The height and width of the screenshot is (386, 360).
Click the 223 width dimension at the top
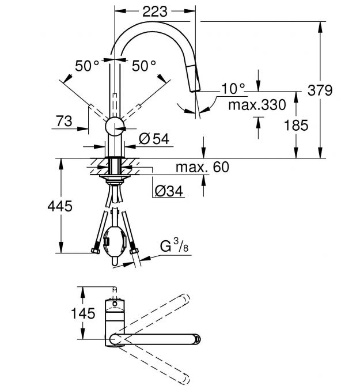pyautogui.click(x=155, y=12)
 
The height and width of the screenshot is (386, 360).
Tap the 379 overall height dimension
pyautogui.click(x=320, y=90)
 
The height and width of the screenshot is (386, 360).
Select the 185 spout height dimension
pyautogui.click(x=296, y=125)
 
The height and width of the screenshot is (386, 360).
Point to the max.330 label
pyautogui.click(x=257, y=105)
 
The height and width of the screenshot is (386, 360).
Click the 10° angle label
pyautogui.click(x=233, y=89)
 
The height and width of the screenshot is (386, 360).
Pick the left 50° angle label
pyautogui.click(x=87, y=66)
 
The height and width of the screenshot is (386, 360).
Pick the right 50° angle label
pyautogui.click(x=144, y=66)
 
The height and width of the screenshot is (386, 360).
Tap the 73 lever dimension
pyautogui.click(x=65, y=121)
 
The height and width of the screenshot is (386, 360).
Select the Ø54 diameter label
pyautogui.click(x=154, y=139)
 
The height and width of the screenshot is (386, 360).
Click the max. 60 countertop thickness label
pyautogui.click(x=202, y=167)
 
